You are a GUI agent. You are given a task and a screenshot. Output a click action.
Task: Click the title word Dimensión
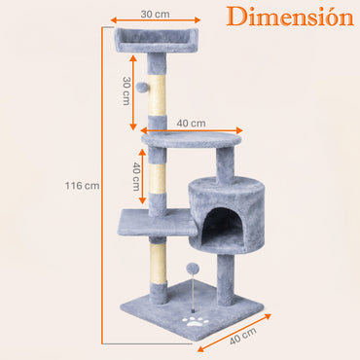pyautogui.click(x=290, y=18)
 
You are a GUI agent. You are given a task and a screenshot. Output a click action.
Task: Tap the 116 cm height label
pyautogui.click(x=82, y=185)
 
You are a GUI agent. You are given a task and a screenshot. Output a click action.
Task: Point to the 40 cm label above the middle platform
pyautogui.click(x=191, y=123)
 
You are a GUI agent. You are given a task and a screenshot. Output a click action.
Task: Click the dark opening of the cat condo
pyautogui.click(x=222, y=230)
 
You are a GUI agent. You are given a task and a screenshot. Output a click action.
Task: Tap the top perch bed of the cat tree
pyautogui.click(x=156, y=41)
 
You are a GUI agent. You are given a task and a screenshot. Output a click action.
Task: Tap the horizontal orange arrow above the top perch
pyautogui.click(x=156, y=21)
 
